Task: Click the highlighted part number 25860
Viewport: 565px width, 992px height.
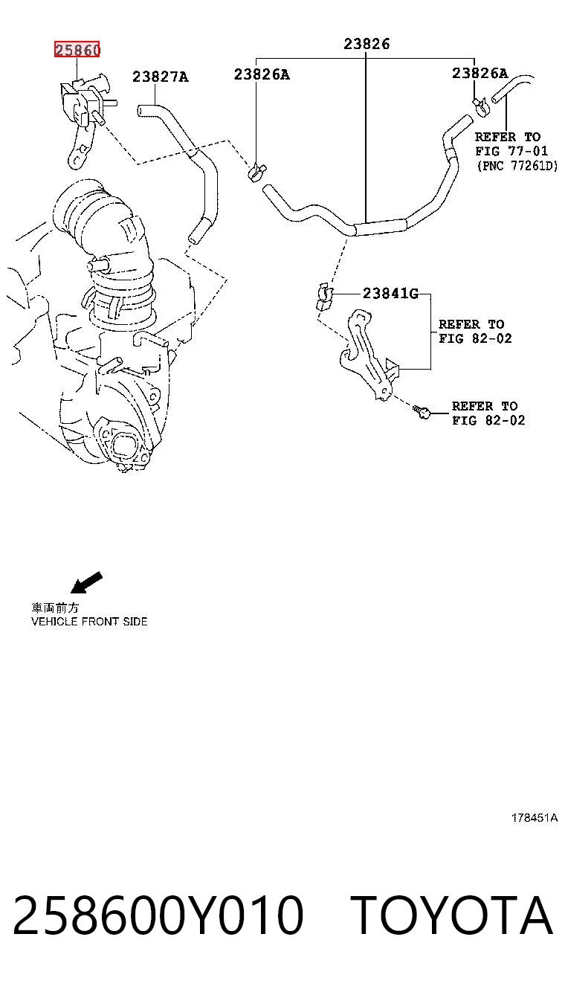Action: point(77,50)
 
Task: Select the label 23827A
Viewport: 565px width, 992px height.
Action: point(161,77)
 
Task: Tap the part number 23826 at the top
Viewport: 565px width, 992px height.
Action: point(367,44)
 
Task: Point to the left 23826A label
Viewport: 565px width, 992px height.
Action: point(262,74)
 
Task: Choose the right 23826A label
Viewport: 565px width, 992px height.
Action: point(480,73)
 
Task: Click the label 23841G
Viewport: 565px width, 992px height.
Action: point(390,293)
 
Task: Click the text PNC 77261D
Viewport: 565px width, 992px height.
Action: point(517,166)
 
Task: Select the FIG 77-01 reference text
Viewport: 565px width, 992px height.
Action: point(511,151)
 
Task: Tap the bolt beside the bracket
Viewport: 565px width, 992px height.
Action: point(422,412)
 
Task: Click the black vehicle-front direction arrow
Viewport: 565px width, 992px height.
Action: point(87,582)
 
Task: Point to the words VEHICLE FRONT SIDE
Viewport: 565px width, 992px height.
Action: point(89,622)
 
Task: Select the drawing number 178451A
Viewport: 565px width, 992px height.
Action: point(535,817)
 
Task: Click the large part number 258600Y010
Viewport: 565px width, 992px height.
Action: point(158,915)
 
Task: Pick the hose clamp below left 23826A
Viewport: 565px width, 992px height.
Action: point(256,173)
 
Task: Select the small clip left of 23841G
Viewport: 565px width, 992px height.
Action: point(324,296)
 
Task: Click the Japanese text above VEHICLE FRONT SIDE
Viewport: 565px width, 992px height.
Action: point(55,608)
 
